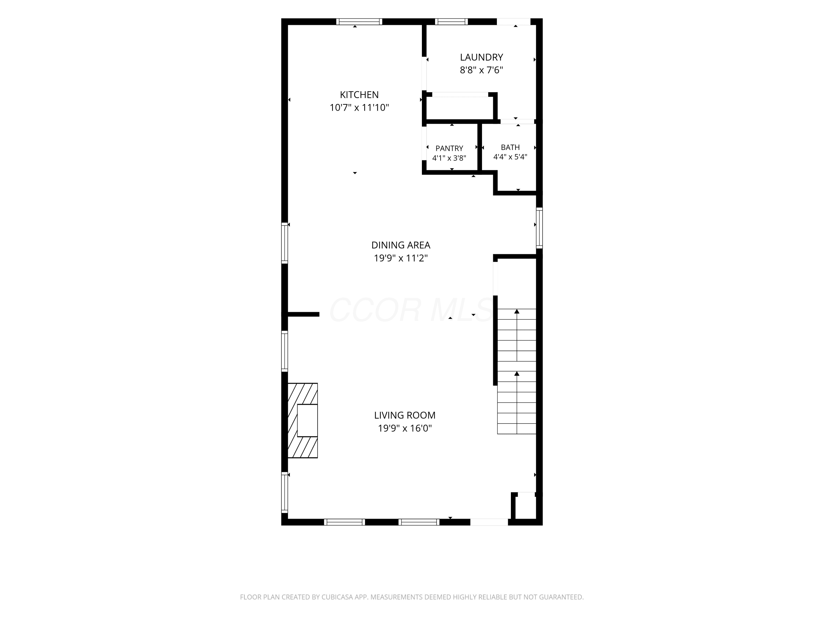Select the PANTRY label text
click(449, 148)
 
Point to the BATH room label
click(510, 147)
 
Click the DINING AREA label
click(401, 245)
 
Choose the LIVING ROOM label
click(405, 415)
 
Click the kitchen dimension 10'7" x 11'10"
click(359, 108)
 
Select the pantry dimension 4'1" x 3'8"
click(449, 158)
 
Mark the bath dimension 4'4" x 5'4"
click(510, 157)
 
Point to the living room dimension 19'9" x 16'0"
click(405, 428)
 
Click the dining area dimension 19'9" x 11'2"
click(401, 258)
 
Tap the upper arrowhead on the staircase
click(517, 311)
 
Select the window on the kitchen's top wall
click(359, 22)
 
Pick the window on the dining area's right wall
click(539, 228)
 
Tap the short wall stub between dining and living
click(303, 314)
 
